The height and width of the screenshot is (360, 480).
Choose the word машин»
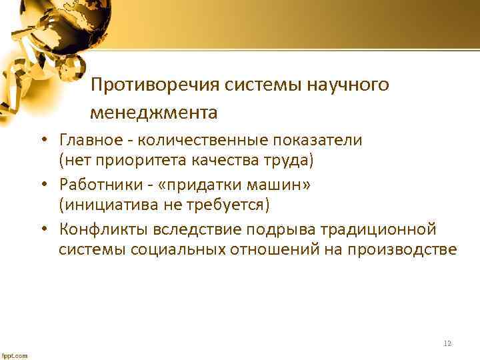(285, 185)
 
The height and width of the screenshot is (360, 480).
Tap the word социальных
(161, 249)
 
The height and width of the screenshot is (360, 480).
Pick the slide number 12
(447, 343)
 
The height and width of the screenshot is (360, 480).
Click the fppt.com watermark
(14, 355)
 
